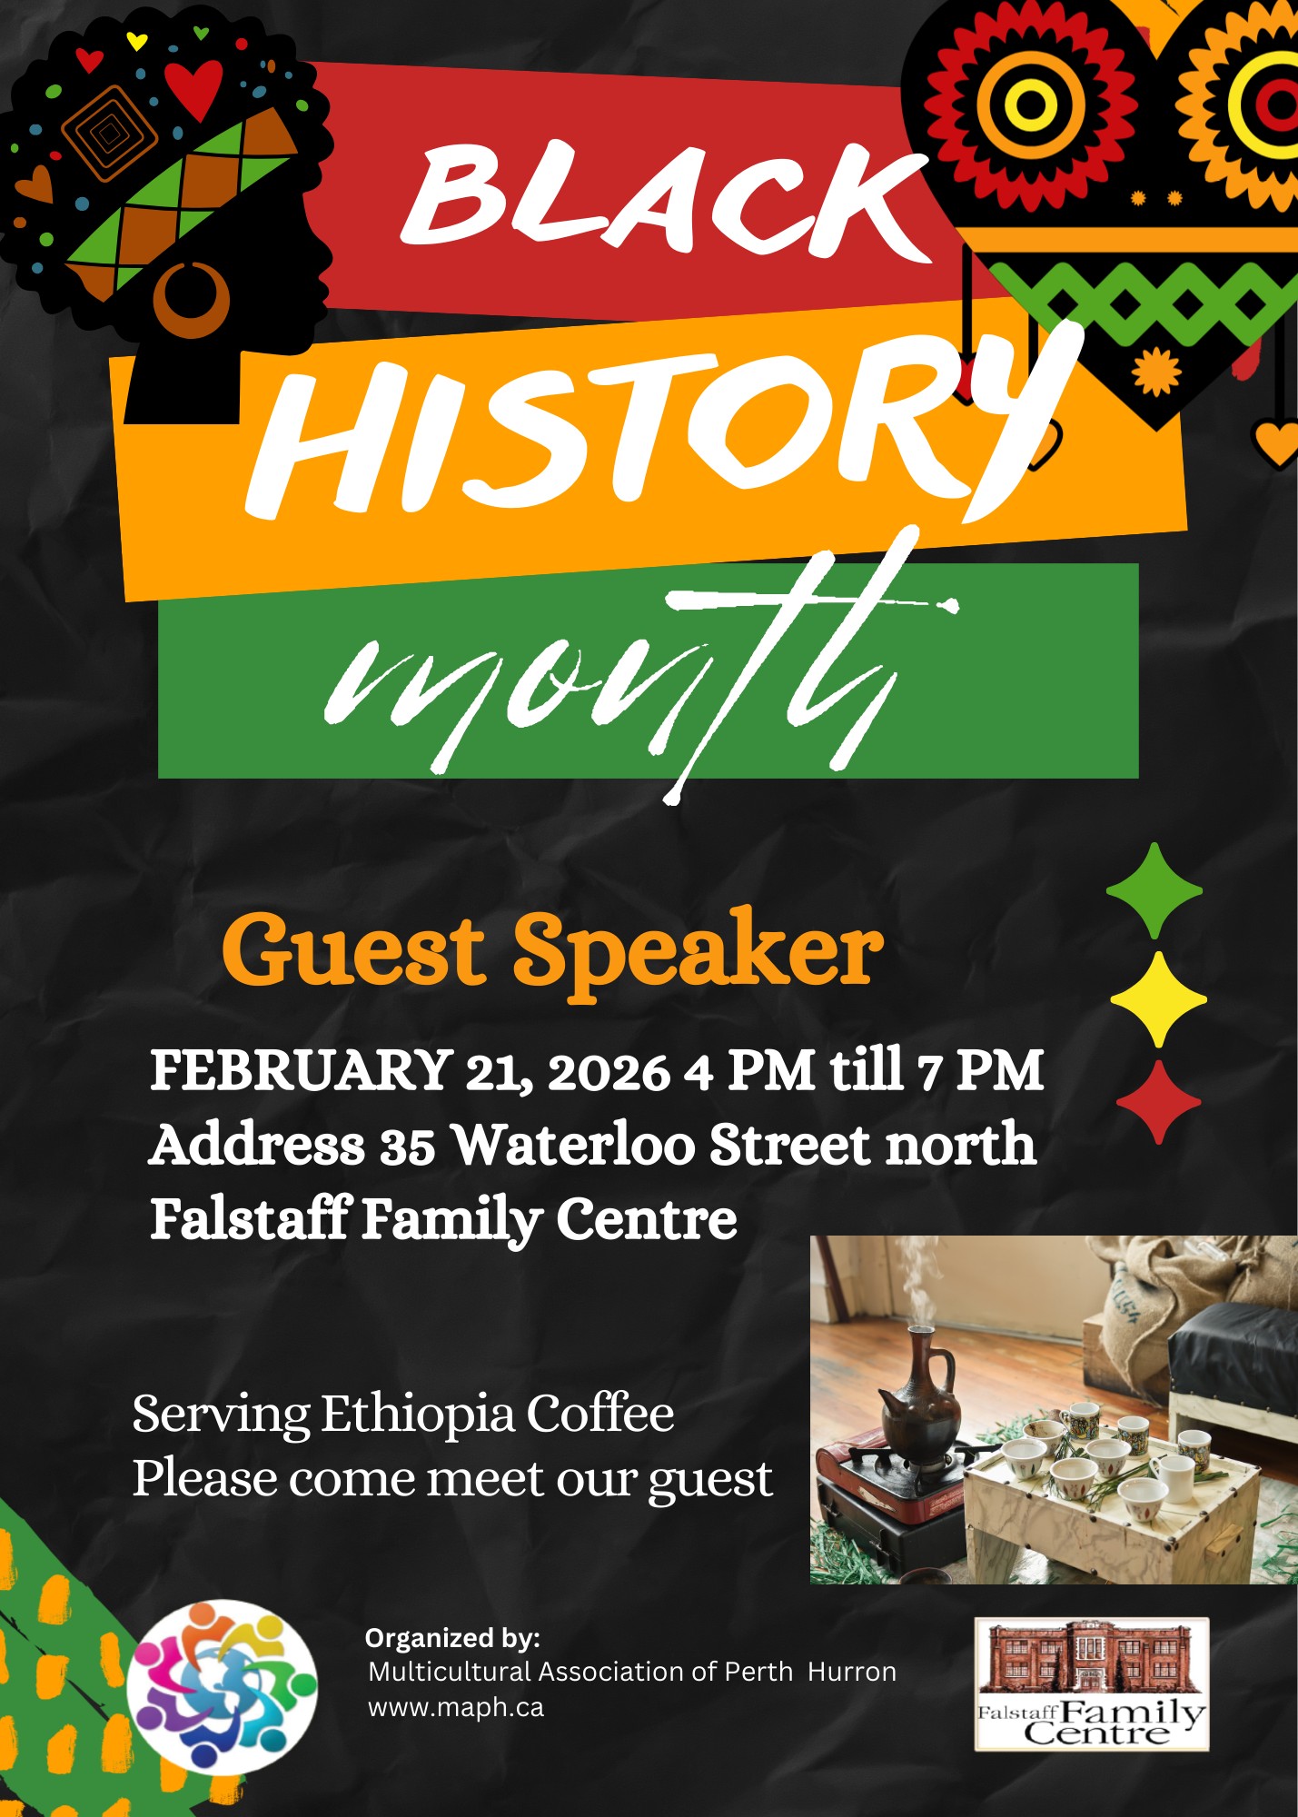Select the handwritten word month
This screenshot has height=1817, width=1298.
pyautogui.click(x=636, y=672)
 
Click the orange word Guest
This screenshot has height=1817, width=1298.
pyautogui.click(x=352, y=949)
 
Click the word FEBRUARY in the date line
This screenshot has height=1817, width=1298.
pyautogui.click(x=302, y=1069)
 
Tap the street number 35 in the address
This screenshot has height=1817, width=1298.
pyautogui.click(x=408, y=1146)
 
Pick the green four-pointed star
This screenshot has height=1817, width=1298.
pyautogui.click(x=1154, y=890)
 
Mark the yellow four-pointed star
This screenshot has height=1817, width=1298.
pyautogui.click(x=1158, y=999)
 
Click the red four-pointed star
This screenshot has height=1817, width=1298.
pyautogui.click(x=1158, y=1102)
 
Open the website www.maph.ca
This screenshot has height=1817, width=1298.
pyautogui.click(x=456, y=1708)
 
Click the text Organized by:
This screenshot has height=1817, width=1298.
pyautogui.click(x=452, y=1638)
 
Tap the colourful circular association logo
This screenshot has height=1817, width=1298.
pyautogui.click(x=222, y=1687)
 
